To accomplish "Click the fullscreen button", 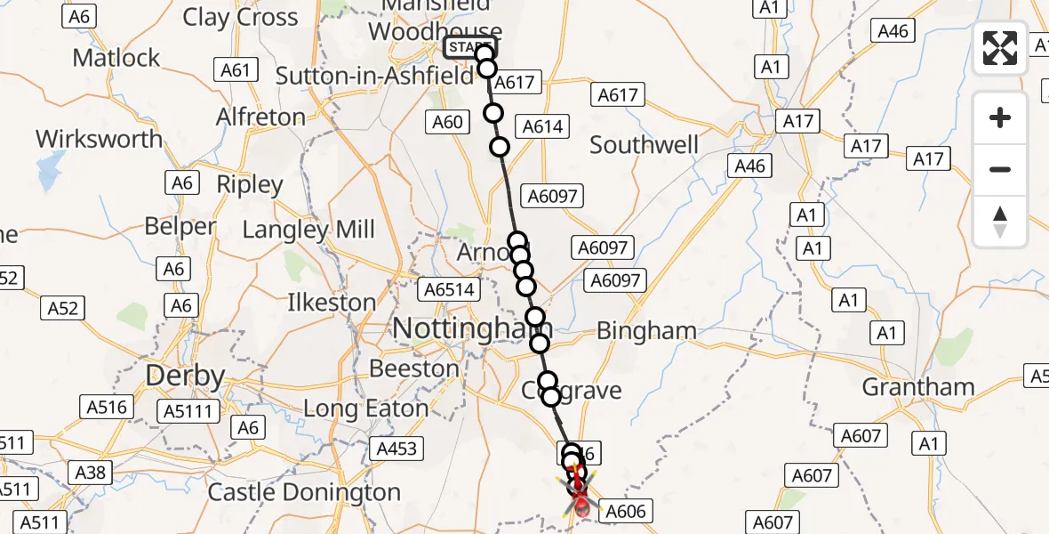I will (1000, 48).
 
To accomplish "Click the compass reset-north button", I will (1000, 222).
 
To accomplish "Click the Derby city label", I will (185, 376).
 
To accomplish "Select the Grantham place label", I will (918, 387).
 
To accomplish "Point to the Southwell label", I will (644, 145).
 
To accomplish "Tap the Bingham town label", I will (646, 331).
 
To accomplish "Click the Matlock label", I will (116, 58).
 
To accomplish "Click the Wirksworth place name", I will (100, 139).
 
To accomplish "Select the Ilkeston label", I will (332, 303).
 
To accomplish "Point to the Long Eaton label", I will (365, 409).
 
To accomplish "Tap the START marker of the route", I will (469, 47).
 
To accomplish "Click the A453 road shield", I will (396, 448).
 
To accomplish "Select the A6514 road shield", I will (449, 289).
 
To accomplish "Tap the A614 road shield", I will (543, 126).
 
